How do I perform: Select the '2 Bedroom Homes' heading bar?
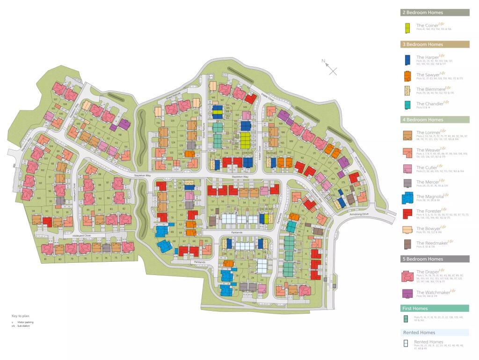pyautogui.click(x=435, y=13)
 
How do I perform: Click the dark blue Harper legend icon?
pyautogui.click(x=406, y=59)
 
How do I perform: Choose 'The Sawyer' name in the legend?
pyautogui.click(x=428, y=74)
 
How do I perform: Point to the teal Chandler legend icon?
pyautogui.click(x=406, y=105)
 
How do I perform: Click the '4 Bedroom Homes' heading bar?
pyautogui.click(x=435, y=120)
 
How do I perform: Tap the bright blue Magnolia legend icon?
pyautogui.click(x=406, y=198)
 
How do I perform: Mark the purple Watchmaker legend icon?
pyautogui.click(x=406, y=294)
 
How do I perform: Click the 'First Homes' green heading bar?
pyautogui.click(x=435, y=309)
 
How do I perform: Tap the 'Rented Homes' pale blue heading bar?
pyautogui.click(x=435, y=332)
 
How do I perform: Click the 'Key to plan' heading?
pyautogui.click(x=21, y=316)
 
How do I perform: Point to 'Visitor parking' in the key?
pyautogui.click(x=25, y=322)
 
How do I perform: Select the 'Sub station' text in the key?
pyautogui.click(x=24, y=326)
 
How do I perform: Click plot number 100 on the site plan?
pyautogui.click(x=38, y=199)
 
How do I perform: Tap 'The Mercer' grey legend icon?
pyautogui.click(x=406, y=182)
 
